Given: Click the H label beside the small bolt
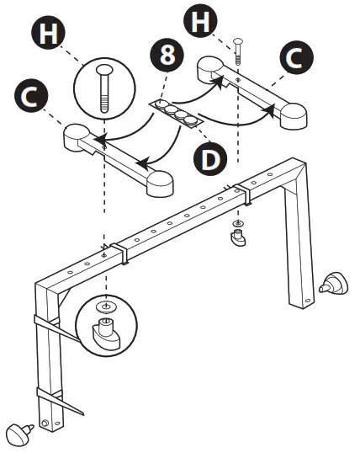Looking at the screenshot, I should click(x=199, y=20).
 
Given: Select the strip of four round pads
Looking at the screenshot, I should click(x=177, y=110).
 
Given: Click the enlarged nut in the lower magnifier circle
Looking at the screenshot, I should click(x=104, y=333).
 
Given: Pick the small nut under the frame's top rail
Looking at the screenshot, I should click(x=238, y=240).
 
